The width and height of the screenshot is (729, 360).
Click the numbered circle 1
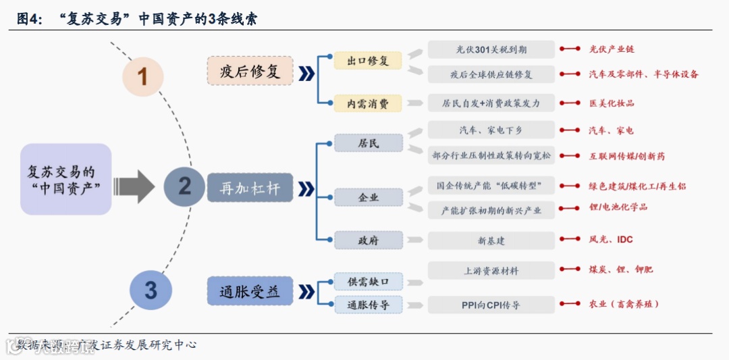tap(142, 76)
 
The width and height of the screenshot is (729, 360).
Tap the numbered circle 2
tap(184, 186)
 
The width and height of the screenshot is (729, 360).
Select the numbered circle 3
tap(151, 290)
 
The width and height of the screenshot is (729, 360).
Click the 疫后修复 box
tap(250, 71)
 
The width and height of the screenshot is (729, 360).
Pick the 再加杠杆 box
tap(250, 188)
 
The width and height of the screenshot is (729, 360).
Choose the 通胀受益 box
tap(250, 292)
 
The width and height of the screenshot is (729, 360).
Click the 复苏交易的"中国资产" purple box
tap(65, 180)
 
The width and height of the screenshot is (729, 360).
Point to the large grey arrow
tap(135, 186)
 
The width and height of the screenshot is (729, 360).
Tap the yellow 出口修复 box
tap(368, 61)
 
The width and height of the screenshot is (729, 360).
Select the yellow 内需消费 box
tap(368, 103)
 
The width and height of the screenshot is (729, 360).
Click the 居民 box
tap(369, 143)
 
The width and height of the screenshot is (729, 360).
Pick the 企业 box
tap(369, 197)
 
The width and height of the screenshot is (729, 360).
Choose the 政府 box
tap(369, 240)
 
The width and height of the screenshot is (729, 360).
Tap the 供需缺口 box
tap(369, 282)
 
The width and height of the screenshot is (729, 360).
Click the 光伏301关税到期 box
tap(491, 49)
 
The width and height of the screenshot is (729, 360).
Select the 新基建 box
tap(491, 240)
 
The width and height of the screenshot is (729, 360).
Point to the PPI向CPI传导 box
tap(491, 305)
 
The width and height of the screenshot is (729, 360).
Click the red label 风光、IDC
tap(611, 240)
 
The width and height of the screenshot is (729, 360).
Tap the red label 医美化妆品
tap(612, 103)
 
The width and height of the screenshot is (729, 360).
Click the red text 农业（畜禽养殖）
tap(624, 304)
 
